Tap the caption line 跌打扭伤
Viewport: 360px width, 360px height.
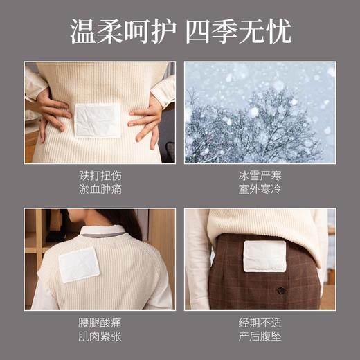pyautogui.click(x=100, y=176)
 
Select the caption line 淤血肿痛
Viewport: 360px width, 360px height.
pyautogui.click(x=100, y=189)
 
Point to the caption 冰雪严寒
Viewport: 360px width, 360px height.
pyautogui.click(x=260, y=176)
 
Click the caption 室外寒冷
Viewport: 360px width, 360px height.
pyautogui.click(x=260, y=189)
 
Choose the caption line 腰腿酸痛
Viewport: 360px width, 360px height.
pyautogui.click(x=100, y=323)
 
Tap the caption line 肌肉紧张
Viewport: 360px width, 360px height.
pyautogui.click(x=100, y=336)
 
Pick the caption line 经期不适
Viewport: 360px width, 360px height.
pyautogui.click(x=260, y=323)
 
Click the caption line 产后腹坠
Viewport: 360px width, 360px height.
pyautogui.click(x=260, y=336)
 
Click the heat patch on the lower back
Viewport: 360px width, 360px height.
pyautogui.click(x=98, y=120)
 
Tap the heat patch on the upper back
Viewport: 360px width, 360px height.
pyautogui.click(x=80, y=264)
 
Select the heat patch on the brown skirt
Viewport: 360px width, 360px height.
pyautogui.click(x=264, y=256)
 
